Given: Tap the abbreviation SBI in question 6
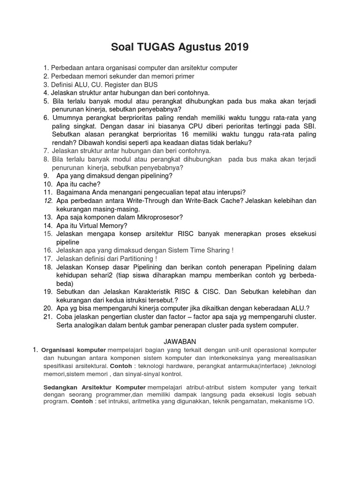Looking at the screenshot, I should coord(308,126).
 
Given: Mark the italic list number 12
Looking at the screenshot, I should coord(47,201).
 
